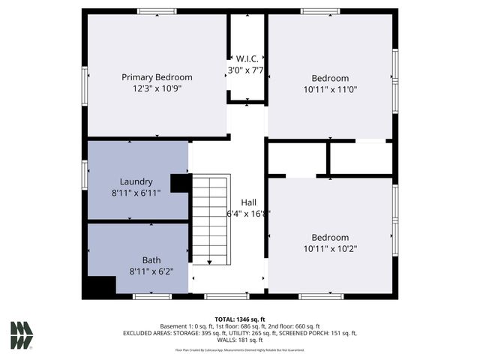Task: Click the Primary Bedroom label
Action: [x=157, y=77]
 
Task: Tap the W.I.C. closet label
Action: [x=247, y=58]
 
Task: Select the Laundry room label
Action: [x=136, y=181]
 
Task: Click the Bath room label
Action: [x=151, y=260]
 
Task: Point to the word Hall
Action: [x=249, y=202]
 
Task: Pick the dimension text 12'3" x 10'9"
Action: [x=157, y=88]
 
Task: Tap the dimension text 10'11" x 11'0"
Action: [x=331, y=89]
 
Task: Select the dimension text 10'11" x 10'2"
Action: [x=331, y=248]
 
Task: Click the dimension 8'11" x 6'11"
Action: [x=136, y=193]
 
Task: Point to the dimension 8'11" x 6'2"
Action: [x=151, y=271]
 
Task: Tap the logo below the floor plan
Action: [x=22, y=335]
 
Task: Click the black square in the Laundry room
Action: [x=181, y=184]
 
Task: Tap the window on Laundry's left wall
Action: [x=85, y=172]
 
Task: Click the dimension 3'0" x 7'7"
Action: [x=247, y=70]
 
